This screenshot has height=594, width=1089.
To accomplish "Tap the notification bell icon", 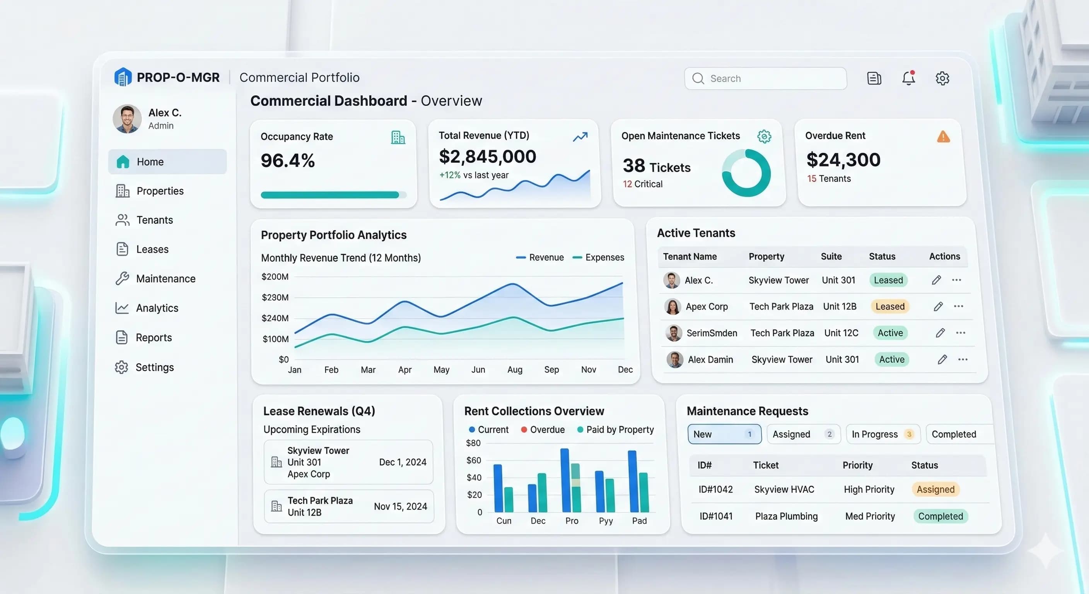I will pos(908,78).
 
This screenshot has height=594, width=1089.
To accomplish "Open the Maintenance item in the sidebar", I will pos(165,278).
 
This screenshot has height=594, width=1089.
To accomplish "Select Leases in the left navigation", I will pos(152,249).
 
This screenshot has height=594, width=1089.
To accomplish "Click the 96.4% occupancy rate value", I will pos(287,160).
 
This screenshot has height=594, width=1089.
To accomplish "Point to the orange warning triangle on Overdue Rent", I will pos(943,137).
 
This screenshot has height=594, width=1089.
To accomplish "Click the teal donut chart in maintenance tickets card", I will pos(746,173).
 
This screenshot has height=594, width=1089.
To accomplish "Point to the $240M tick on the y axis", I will pos(275,318).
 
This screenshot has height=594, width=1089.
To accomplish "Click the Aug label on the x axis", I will pos(514,369).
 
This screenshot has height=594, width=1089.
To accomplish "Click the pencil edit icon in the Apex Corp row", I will pos(938,307).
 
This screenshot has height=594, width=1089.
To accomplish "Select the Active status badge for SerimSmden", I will pos(890,333).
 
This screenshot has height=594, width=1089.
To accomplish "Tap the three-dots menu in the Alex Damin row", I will pos(963,359).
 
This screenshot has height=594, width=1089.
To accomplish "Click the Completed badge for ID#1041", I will pos(940,516).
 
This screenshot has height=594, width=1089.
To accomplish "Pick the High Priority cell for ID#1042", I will pos(869,489).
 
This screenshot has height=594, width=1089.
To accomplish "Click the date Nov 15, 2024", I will pos(400,507).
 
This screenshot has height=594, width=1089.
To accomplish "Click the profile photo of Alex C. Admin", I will pos(127,119).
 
